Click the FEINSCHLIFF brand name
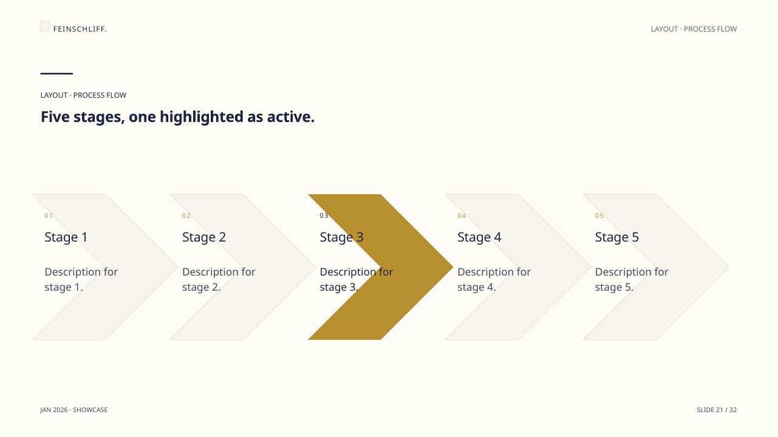(80, 29)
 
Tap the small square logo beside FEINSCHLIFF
(45, 26)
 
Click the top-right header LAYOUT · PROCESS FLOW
(694, 29)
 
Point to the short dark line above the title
(56, 73)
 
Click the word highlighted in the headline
(202, 117)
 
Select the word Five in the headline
(55, 117)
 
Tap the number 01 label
(48, 215)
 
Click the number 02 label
(186, 215)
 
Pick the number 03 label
(324, 215)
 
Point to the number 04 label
(462, 215)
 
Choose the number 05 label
(599, 215)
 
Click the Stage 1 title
(66, 237)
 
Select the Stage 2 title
(204, 237)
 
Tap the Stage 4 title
(479, 237)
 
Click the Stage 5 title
(617, 237)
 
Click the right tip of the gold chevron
(453, 267)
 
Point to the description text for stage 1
(81, 279)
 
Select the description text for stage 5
(632, 279)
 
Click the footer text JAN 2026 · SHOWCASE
(74, 410)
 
